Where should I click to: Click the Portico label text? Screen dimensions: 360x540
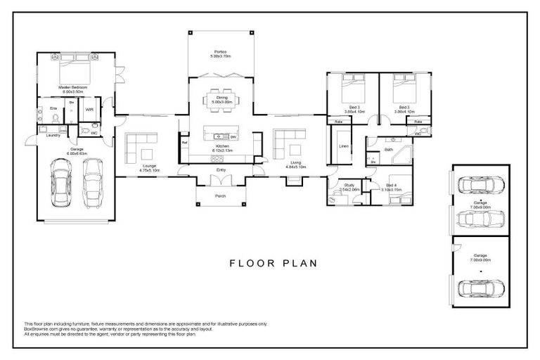[220, 52]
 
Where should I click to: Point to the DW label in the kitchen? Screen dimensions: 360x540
[233, 136]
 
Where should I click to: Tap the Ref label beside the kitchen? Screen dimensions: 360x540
[184, 143]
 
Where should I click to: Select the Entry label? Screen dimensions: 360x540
[221, 169]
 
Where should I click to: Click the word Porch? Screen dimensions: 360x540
[220, 195]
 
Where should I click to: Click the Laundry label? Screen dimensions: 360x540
[53, 135]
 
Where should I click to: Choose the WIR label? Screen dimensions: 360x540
[89, 110]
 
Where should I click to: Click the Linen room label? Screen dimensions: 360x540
[344, 146]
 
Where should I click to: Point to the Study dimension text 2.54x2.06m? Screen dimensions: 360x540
[349, 190]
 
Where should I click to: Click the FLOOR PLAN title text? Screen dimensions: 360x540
[274, 264]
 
